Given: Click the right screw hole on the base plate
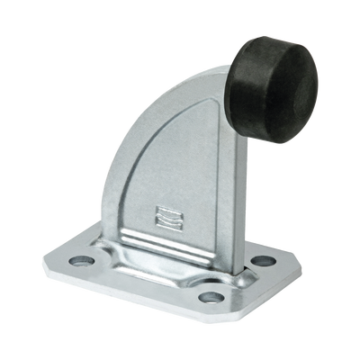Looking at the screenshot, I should click(262, 262).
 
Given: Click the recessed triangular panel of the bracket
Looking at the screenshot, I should click(180, 180).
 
